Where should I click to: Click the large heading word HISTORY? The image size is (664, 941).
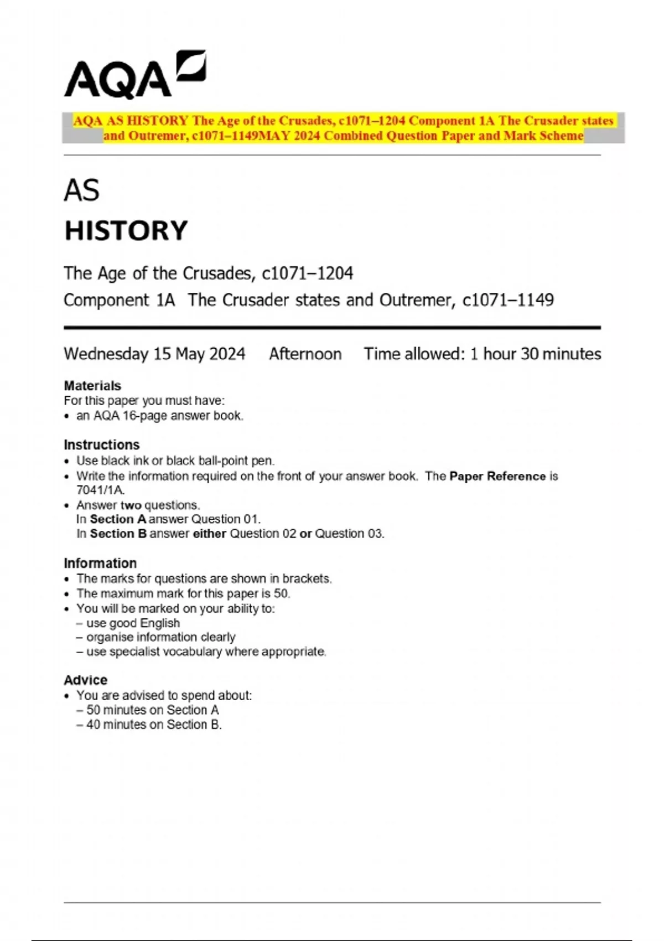pos(126,231)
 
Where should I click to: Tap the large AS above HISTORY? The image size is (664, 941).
pos(81,190)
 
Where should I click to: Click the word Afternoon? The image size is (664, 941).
pos(305,354)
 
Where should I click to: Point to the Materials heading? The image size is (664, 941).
pos(92,386)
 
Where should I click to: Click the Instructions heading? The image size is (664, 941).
pos(102,445)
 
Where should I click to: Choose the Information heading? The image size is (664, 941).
pos(100,563)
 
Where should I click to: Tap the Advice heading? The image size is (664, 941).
pos(86,680)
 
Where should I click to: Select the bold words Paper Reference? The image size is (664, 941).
pos(497,477)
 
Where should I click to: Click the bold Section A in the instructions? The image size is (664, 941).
pos(118,519)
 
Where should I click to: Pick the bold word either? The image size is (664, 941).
pos(209,534)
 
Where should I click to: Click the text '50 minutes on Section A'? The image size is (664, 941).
pos(152,710)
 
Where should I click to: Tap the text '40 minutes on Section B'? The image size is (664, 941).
pos(154,725)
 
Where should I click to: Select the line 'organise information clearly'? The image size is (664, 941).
pos(160,638)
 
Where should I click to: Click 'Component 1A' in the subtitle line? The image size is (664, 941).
pos(119,301)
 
